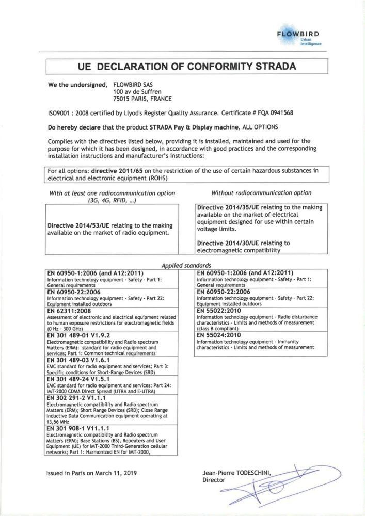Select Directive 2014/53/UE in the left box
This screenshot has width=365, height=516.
[x=79, y=225]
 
